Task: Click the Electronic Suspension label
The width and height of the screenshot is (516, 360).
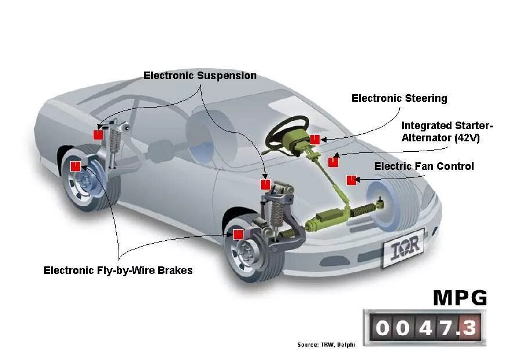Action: pyautogui.click(x=200, y=76)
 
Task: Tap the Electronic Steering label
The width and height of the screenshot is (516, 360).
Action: pyautogui.click(x=399, y=98)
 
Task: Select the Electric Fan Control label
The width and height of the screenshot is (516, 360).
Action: pyautogui.click(x=424, y=166)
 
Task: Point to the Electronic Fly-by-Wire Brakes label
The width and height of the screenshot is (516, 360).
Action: pyautogui.click(x=118, y=270)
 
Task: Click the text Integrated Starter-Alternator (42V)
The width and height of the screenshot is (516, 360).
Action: pyautogui.click(x=447, y=132)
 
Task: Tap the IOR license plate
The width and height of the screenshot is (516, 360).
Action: pyautogui.click(x=403, y=250)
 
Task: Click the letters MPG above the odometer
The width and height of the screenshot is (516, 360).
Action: pyautogui.click(x=460, y=298)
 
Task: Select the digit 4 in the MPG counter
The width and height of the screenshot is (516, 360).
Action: pyautogui.click(x=426, y=328)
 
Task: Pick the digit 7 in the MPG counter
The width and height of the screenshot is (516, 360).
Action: pyautogui.click(x=447, y=328)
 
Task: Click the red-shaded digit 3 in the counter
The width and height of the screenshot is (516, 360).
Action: pyautogui.click(x=470, y=328)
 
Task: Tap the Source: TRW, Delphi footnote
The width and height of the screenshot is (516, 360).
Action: pyautogui.click(x=326, y=345)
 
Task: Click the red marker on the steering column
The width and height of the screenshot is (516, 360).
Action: pyautogui.click(x=315, y=139)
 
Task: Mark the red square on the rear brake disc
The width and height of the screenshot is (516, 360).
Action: pyautogui.click(x=75, y=166)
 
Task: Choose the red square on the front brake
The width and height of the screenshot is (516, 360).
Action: pyautogui.click(x=238, y=234)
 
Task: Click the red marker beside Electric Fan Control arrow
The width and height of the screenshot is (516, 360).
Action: pyautogui.click(x=351, y=180)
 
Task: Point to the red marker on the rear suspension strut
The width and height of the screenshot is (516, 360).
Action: pyautogui.click(x=98, y=134)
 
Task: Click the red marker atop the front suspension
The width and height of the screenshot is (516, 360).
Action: pyautogui.click(x=266, y=184)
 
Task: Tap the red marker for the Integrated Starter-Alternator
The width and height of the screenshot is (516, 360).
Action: pyautogui.click(x=333, y=162)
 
